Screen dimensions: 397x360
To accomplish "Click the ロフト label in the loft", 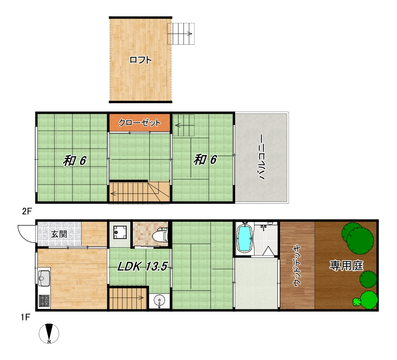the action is coord(140,60).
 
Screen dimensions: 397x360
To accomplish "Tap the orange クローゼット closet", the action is coord(140,123).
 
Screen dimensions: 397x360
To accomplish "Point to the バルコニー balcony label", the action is coord(260,157).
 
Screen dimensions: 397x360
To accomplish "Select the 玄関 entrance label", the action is coord(59,234).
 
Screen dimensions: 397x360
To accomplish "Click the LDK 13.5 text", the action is coord(142,266).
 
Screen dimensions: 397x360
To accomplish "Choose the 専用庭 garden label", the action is coord(346,266).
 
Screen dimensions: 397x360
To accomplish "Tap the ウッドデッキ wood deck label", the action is coord(297,266).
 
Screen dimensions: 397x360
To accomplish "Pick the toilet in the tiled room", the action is coord(161,234).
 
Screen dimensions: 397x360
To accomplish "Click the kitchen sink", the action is coord(44,278).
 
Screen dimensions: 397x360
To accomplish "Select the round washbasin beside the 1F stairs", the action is coord(159,301).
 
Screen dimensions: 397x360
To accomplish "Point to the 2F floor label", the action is coord(27,211).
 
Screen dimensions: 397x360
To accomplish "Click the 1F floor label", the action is coord(26,317).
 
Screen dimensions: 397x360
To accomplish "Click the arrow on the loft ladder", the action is coord(181,33).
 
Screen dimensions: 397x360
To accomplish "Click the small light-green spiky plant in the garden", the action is coord(356,302).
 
